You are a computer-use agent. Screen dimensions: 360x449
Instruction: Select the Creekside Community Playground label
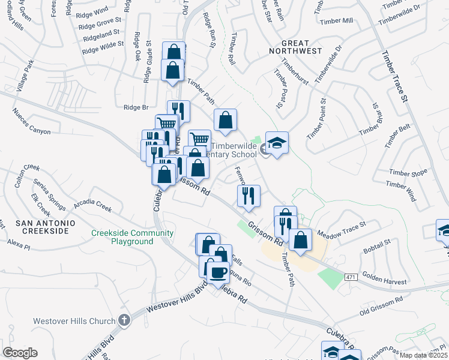click(x=133, y=237)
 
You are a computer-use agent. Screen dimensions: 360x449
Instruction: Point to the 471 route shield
click(x=352, y=276)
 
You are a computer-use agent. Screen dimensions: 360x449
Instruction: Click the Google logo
click(x=20, y=353)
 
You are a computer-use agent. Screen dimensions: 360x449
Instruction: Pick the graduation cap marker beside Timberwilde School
click(x=277, y=144)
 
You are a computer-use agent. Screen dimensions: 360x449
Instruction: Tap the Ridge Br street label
click(x=136, y=107)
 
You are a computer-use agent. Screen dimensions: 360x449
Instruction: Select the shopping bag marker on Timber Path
click(x=226, y=121)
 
